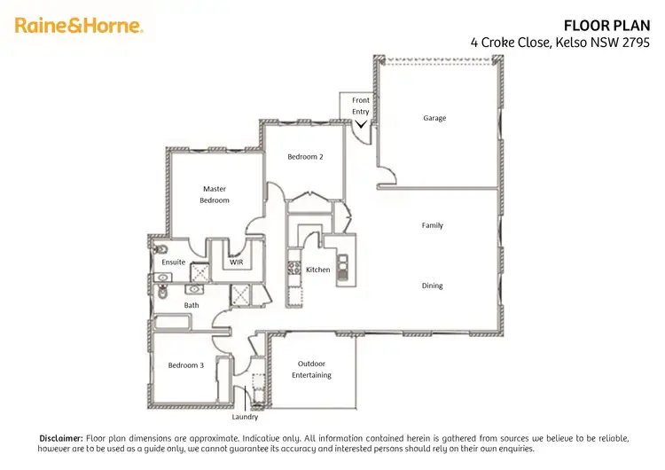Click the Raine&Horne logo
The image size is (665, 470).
tap(79, 26)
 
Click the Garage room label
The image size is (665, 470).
tap(434, 118)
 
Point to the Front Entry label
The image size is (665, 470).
tap(361, 106)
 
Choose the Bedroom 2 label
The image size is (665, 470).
tap(305, 157)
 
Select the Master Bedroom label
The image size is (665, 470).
tap(215, 194)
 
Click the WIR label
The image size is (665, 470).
tap(237, 262)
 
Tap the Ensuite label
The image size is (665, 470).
tap(174, 262)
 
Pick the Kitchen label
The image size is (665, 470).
tap(317, 270)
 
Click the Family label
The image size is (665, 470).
tap(432, 225)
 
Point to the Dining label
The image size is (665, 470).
tap(432, 286)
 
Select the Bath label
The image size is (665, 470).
tap(192, 305)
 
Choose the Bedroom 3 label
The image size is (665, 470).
tap(185, 364)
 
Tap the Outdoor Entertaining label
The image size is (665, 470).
tap(311, 369)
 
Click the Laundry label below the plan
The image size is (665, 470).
tap(245, 417)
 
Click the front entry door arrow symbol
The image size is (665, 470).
tap(361, 125)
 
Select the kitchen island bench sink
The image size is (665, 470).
tap(342, 262)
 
